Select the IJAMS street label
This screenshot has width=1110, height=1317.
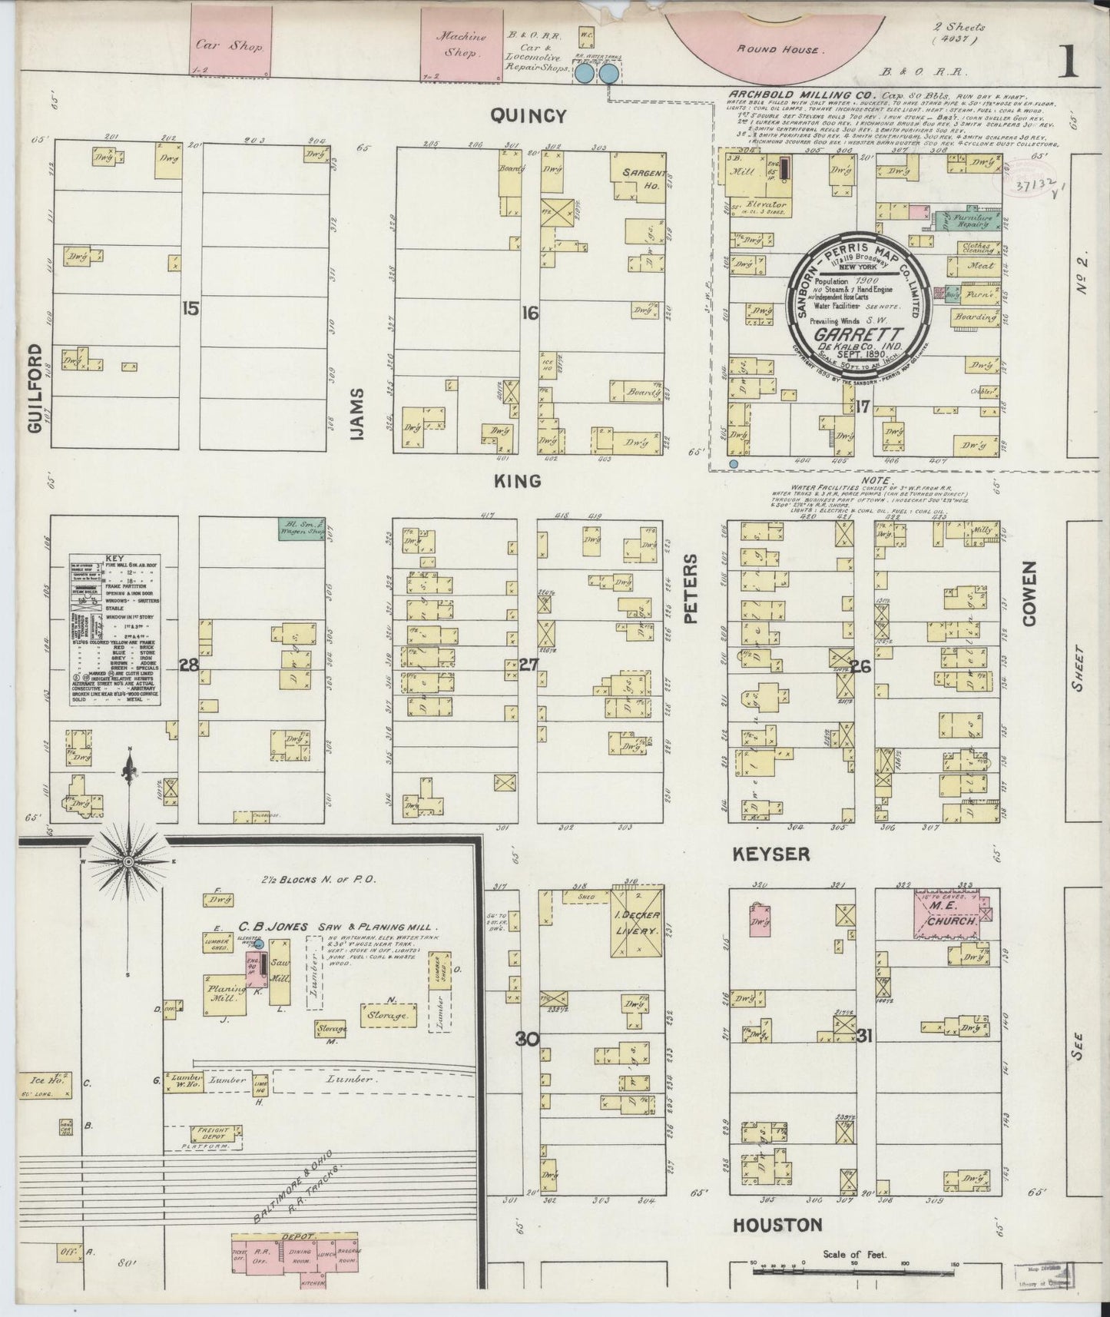(x=358, y=413)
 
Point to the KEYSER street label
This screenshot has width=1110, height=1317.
(x=771, y=854)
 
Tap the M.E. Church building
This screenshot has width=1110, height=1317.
(x=953, y=914)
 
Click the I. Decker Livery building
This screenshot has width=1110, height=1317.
(x=638, y=922)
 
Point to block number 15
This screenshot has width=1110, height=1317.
(x=191, y=309)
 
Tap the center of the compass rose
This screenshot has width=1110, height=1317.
(x=129, y=862)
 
